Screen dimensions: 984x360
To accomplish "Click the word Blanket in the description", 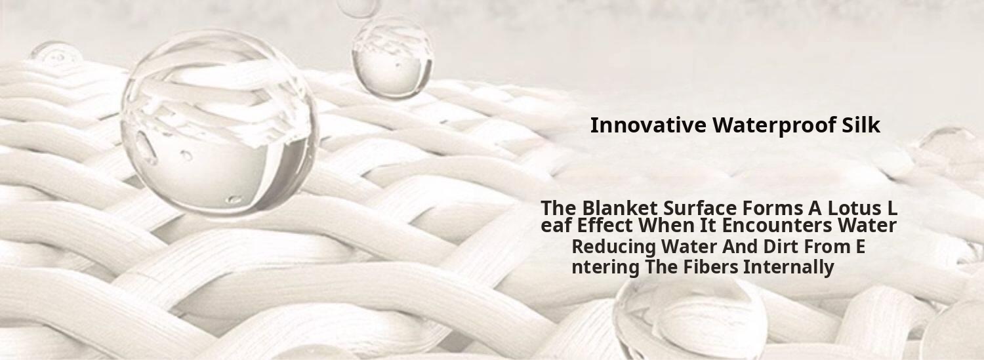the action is (621, 207).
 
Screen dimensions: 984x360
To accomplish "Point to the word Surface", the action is (700, 207).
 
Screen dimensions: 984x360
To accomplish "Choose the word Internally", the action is (789, 268).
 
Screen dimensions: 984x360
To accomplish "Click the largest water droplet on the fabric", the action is (219, 123).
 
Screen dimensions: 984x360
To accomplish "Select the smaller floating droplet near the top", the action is (392, 57).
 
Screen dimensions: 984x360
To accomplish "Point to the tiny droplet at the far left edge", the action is (56, 55).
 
